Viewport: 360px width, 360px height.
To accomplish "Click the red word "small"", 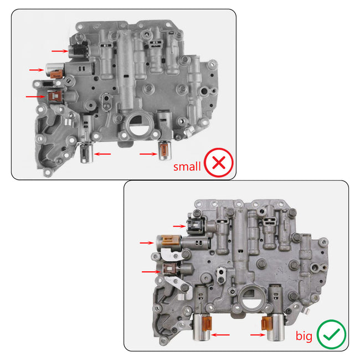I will (187, 166).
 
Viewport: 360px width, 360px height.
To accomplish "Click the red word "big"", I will (304, 336).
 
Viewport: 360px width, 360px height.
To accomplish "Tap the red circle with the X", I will (219, 163).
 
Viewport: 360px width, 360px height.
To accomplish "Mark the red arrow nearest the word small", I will (147, 154).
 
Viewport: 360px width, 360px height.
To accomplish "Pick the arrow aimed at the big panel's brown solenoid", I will (150, 271).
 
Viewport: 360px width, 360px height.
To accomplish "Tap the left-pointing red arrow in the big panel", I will (221, 334).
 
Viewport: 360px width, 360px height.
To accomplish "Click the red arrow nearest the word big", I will (257, 335).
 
